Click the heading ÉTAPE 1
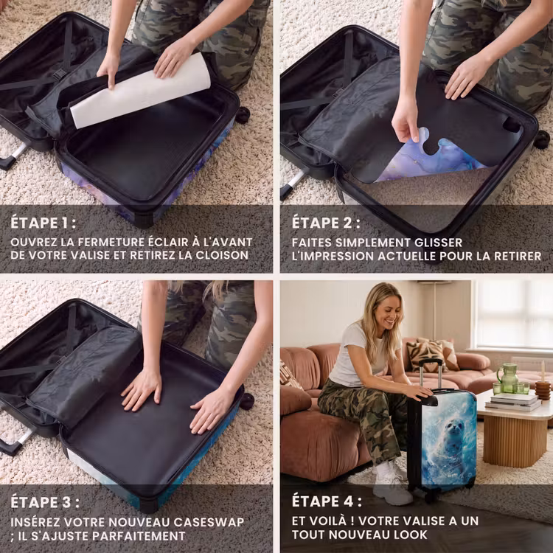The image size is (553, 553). click(x=43, y=223)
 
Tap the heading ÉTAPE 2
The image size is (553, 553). click(x=326, y=223)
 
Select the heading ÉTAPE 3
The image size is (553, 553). click(x=45, y=502)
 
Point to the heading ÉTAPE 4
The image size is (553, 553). click(x=327, y=501)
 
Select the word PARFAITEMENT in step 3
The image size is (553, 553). click(x=139, y=536)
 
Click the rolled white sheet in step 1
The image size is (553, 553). click(x=140, y=91)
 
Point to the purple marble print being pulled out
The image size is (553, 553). click(x=432, y=159)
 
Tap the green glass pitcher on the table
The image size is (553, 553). click(x=508, y=378)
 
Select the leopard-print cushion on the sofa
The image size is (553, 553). click(x=425, y=356)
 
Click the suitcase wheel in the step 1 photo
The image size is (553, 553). click(x=243, y=115)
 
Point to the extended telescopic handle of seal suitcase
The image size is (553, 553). click(x=431, y=374)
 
